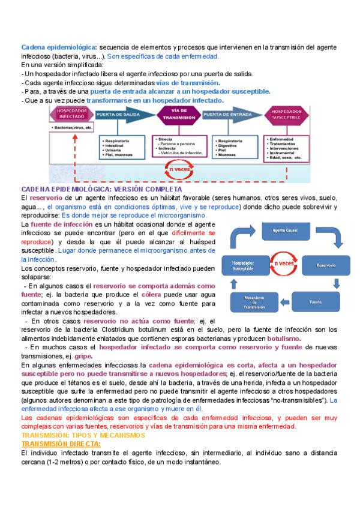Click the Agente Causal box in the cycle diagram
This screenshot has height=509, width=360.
287,230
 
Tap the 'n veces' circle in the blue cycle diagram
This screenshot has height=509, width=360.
283,263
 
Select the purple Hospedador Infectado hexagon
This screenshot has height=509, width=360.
71,115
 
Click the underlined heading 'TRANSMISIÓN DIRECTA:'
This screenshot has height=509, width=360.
61,444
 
